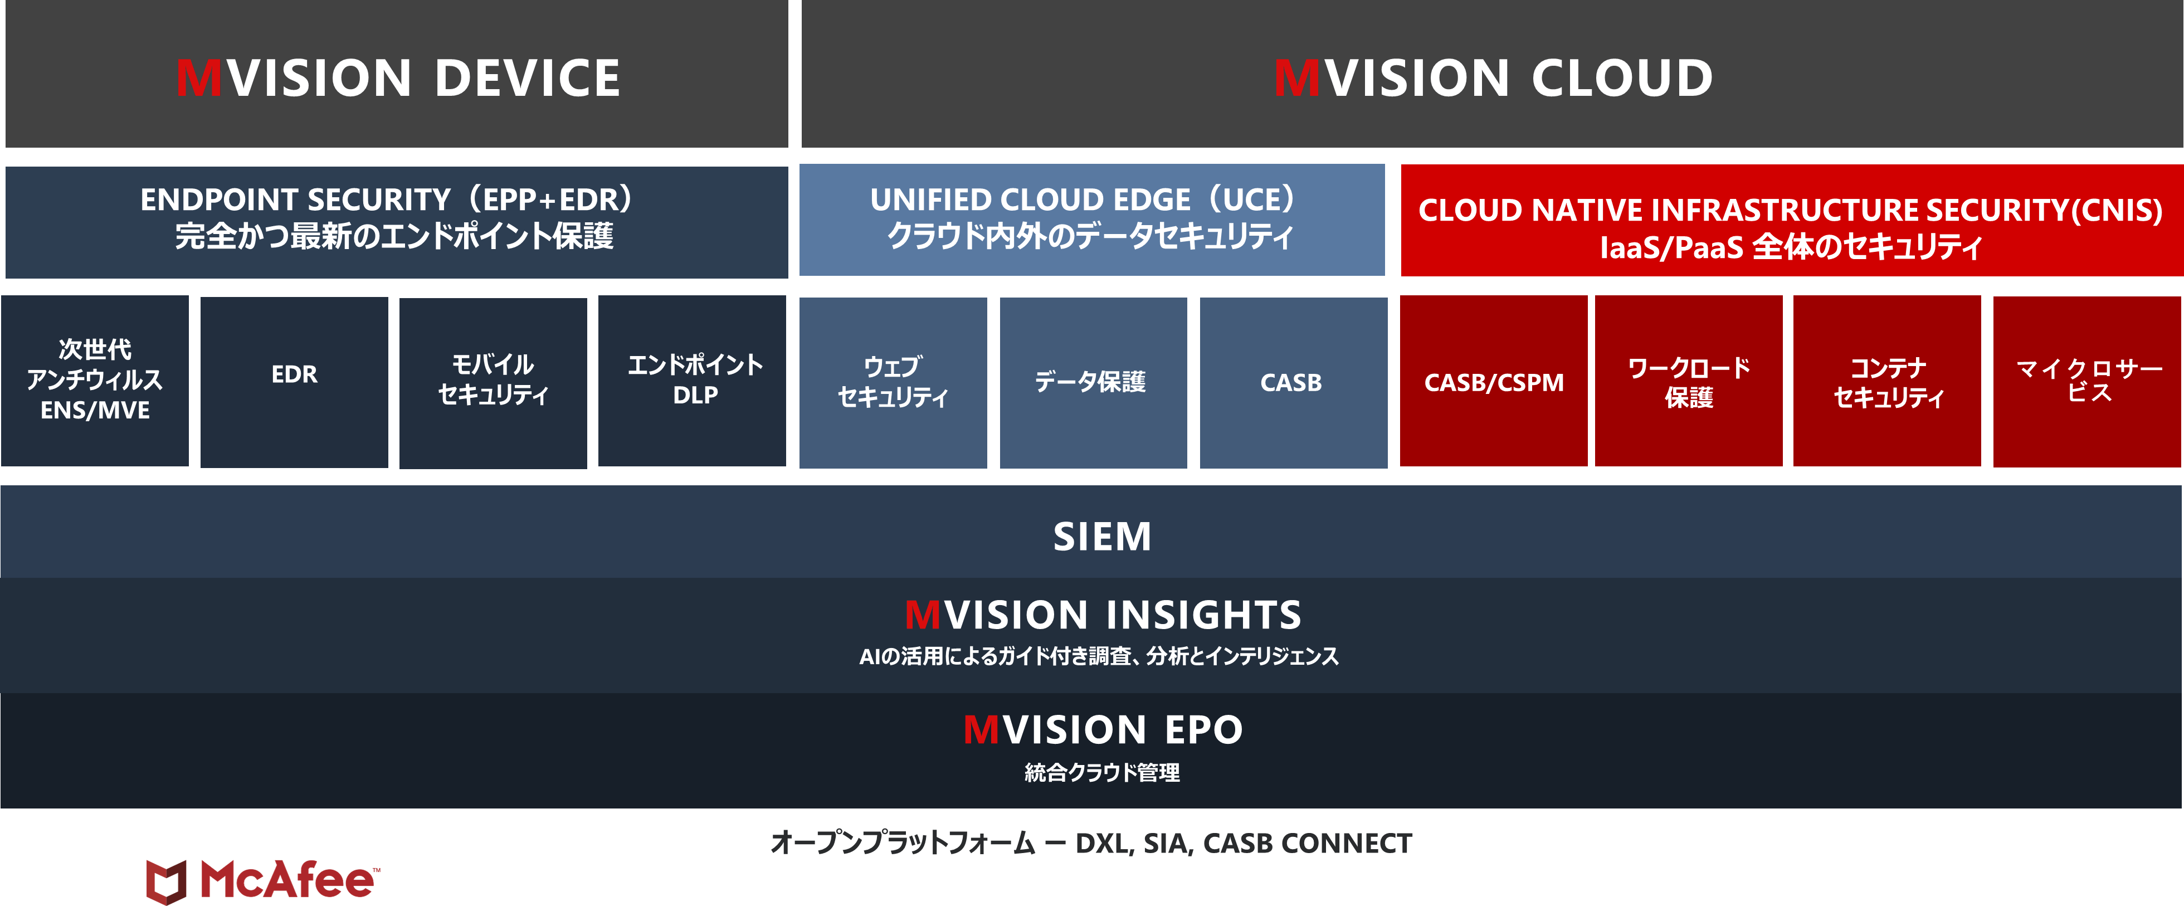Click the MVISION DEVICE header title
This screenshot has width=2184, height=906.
point(398,78)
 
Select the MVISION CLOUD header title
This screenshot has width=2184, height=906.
point(1493,78)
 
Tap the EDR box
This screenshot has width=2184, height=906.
point(294,381)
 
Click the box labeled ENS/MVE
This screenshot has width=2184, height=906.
point(95,381)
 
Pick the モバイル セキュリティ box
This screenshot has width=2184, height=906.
point(494,382)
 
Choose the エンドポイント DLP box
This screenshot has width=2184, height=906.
point(692,381)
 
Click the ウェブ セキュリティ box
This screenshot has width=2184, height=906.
point(893,382)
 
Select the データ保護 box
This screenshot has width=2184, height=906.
point(1094,382)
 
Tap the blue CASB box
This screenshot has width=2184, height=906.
point(1294,382)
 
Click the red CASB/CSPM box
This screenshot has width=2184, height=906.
point(1494,381)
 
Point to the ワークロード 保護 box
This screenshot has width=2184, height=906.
point(1689,381)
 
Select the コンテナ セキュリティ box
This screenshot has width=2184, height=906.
point(1887,381)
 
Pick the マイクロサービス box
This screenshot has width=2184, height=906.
point(2088,381)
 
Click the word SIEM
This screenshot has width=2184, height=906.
point(1102,537)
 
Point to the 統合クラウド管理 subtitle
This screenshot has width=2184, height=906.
point(1102,772)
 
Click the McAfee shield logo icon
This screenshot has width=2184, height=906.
point(166,881)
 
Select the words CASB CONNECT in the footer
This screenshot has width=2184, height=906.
point(1308,843)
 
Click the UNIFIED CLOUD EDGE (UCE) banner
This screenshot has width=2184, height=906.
point(1092,220)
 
